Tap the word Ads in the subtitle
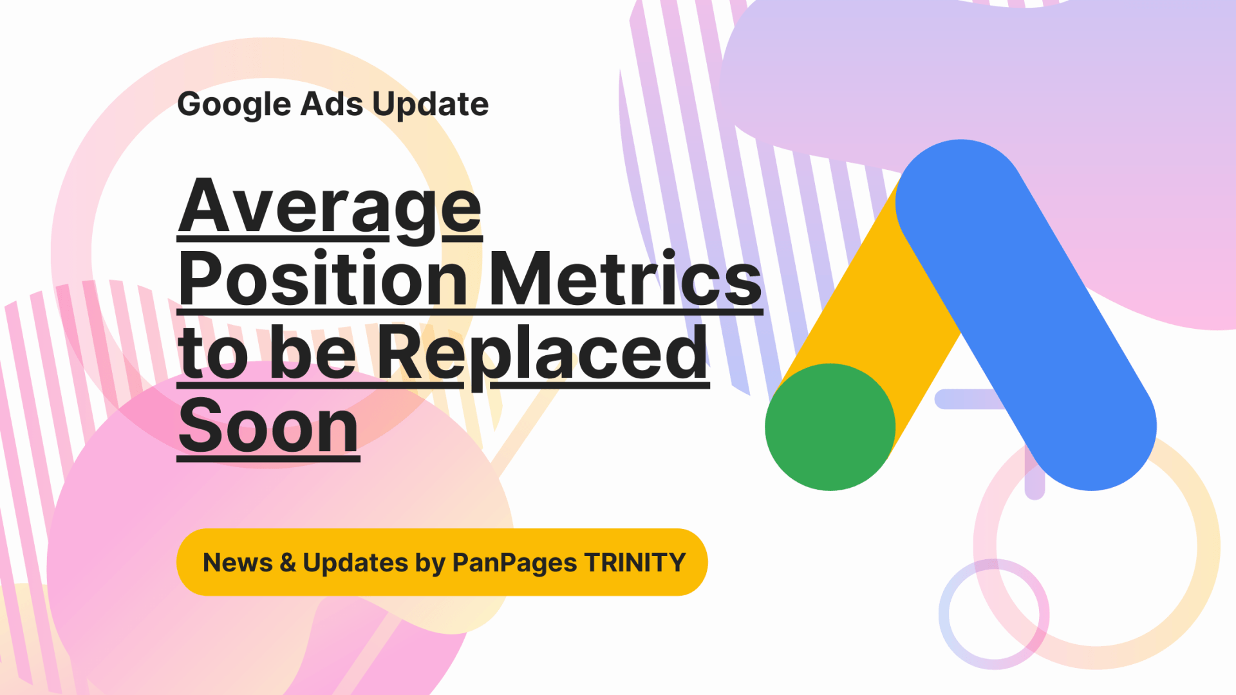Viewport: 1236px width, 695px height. (332, 104)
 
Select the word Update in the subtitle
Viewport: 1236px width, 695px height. (431, 104)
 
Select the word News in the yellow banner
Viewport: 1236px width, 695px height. (238, 562)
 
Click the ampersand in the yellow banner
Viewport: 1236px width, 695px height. (288, 562)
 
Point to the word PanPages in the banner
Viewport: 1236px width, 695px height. (514, 563)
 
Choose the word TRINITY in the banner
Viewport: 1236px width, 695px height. (634, 562)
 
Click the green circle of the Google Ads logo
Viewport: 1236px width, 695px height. (830, 427)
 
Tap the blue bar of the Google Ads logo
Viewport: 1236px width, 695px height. (1026, 315)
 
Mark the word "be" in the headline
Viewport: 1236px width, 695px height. (312, 352)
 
